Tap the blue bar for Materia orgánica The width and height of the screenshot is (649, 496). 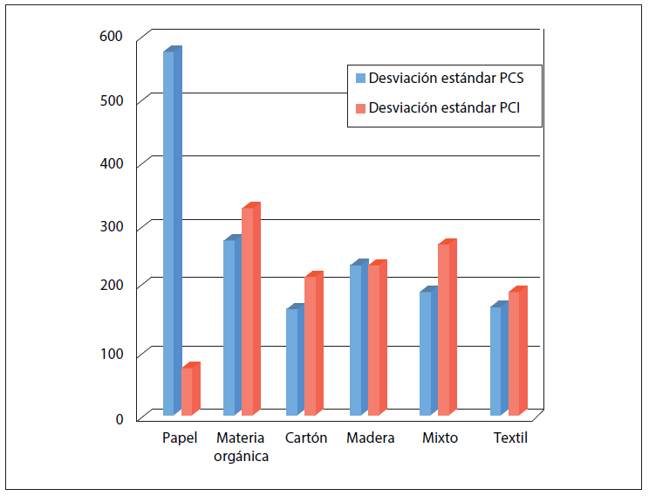coord(229,327)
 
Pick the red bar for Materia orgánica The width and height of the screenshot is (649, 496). coord(248,311)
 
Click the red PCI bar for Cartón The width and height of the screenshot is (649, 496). coord(311,345)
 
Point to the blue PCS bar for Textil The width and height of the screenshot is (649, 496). coord(496,360)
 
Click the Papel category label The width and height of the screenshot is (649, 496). coord(180,438)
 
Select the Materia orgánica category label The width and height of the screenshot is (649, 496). coord(242,447)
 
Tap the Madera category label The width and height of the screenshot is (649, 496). coord(370,438)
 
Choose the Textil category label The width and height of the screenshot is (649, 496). coord(510,438)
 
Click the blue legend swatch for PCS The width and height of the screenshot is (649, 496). coord(359,78)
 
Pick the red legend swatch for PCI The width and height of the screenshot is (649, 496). coord(359,109)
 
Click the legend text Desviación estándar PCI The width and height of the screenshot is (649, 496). coord(444,109)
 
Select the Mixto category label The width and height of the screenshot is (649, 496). coord(440,438)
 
